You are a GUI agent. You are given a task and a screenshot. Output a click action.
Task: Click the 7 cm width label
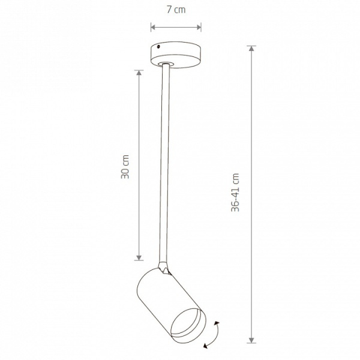[176, 10]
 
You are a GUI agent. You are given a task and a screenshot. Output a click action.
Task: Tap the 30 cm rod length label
[125, 167]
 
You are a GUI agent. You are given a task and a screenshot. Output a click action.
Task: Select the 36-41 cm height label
[235, 193]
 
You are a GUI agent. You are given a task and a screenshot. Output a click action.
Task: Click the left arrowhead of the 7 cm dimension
[154, 28]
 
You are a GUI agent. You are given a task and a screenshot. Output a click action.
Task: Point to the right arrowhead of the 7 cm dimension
[199, 28]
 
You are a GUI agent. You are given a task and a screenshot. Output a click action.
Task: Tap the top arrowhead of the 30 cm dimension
[139, 73]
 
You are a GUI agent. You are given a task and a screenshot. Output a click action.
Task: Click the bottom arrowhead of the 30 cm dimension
[139, 257]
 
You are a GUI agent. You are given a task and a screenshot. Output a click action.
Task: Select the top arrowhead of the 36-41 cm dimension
[252, 49]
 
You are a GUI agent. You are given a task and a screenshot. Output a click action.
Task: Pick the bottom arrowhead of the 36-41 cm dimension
[252, 340]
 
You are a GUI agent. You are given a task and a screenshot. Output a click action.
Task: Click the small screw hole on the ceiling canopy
[158, 47]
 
